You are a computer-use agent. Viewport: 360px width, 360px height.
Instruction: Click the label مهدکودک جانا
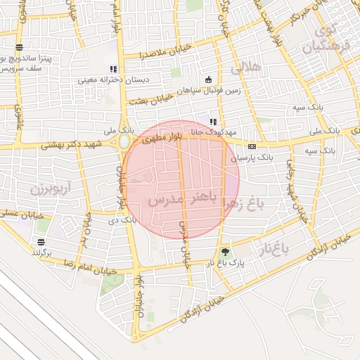click(x=238, y=131)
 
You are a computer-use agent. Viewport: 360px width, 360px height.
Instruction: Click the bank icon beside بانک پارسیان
click(x=252, y=146)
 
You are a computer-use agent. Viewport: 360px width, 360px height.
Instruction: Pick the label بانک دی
click(x=120, y=220)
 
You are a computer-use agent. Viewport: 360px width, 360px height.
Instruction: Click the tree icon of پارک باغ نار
click(x=225, y=252)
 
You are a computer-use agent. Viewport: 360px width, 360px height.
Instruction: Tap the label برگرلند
click(x=42, y=252)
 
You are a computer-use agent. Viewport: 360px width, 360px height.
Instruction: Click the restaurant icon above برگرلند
click(x=42, y=241)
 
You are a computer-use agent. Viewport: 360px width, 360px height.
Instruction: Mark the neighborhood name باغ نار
click(x=278, y=247)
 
